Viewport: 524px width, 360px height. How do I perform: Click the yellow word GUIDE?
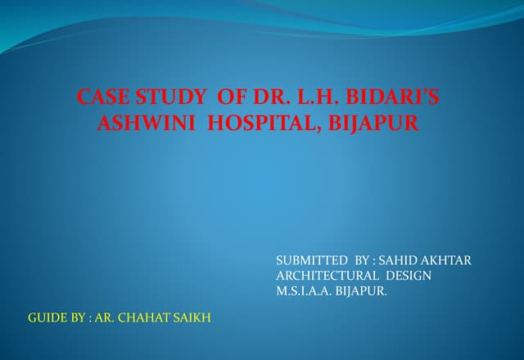coord(46,317)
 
